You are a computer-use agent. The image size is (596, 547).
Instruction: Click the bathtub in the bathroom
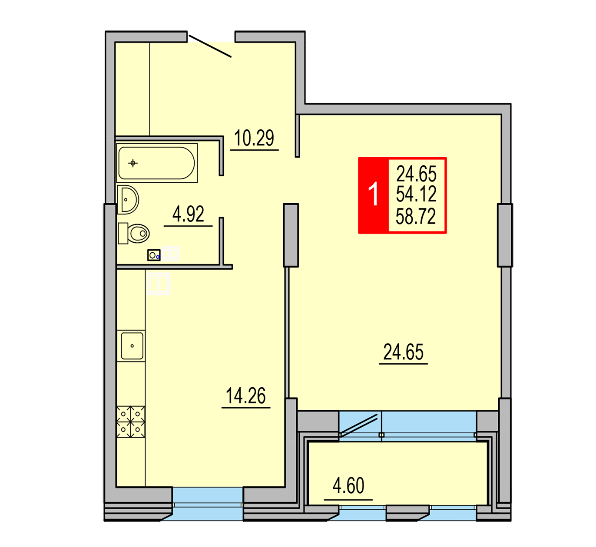click(x=156, y=163)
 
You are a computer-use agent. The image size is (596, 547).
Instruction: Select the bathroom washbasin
click(x=128, y=200)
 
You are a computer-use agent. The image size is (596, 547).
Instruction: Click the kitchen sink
click(x=132, y=346)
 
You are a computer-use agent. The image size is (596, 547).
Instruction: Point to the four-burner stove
click(x=131, y=422)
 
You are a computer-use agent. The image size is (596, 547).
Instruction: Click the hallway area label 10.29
click(x=254, y=138)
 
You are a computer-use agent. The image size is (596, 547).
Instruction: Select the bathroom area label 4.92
click(x=189, y=214)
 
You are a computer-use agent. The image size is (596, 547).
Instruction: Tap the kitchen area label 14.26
click(x=246, y=395)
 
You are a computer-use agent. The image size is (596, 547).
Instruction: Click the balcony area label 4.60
click(x=348, y=486)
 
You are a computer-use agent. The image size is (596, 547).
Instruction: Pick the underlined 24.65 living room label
click(x=403, y=352)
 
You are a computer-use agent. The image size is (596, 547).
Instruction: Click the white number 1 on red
click(x=373, y=194)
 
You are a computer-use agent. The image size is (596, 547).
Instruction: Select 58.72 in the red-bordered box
click(x=416, y=216)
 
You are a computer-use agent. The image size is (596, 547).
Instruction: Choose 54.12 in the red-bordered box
click(x=416, y=194)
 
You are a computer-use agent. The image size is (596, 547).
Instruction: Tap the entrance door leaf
click(x=210, y=46)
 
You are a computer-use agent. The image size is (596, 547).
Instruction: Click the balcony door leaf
click(x=359, y=426)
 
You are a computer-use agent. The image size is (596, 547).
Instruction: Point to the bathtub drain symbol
click(x=133, y=163)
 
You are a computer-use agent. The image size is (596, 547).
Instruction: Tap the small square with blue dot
click(x=154, y=255)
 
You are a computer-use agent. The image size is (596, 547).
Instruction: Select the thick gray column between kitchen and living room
click(x=291, y=235)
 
